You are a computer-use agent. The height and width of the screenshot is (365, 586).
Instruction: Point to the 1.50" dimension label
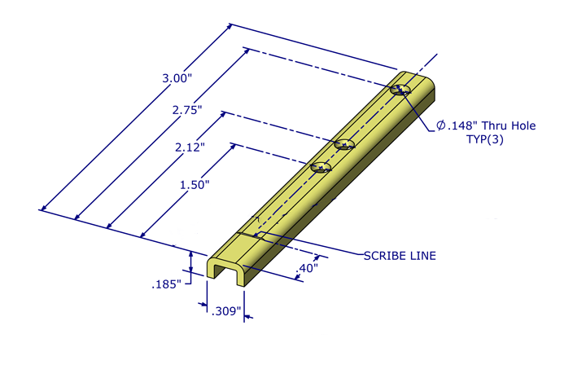coord(195,184)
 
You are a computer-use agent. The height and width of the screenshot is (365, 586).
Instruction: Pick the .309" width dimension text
coord(225,312)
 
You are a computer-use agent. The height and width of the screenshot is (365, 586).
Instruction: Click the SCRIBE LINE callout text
coord(399,256)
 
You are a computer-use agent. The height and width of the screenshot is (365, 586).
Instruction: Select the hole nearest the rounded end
coord(400,90)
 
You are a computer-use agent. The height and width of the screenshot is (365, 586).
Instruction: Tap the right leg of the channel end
coord(241,278)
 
